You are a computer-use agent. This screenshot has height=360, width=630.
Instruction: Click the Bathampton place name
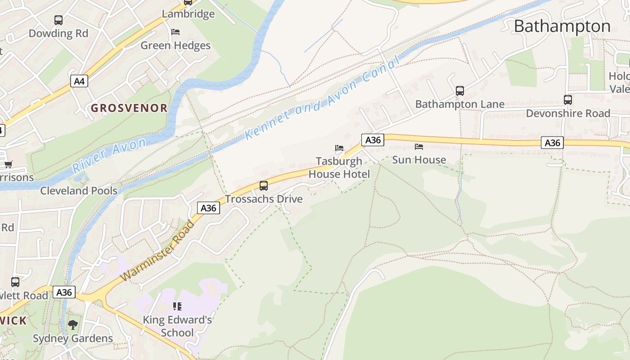(562, 26)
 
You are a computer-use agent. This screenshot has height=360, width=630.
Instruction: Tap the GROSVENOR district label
(129, 108)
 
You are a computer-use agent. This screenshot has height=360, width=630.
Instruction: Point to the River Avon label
(109, 155)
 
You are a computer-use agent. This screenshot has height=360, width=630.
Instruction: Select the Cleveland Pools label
(79, 190)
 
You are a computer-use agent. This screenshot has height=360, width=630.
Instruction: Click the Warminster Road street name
(158, 251)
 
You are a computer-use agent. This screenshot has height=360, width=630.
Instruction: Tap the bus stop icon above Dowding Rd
(58, 20)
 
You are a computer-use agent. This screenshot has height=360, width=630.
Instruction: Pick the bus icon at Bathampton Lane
(459, 91)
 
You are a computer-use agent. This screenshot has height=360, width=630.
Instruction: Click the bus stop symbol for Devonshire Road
(568, 100)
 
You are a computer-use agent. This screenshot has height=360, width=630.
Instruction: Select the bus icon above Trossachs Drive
(264, 185)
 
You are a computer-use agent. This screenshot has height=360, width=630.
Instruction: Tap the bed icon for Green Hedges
(175, 32)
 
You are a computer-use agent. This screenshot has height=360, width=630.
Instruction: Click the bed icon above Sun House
(419, 147)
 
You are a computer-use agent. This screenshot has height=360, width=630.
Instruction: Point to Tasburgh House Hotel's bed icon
(339, 148)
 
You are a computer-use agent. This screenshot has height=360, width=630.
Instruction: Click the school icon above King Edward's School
(177, 306)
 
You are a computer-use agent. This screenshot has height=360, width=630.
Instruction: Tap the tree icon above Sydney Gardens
(72, 324)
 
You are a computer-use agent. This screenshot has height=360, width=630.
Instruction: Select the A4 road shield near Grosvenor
(79, 81)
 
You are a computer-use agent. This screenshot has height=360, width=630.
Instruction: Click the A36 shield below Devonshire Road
(552, 143)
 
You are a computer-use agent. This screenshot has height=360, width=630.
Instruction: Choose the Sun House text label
(419, 160)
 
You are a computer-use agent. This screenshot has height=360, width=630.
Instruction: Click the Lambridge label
(188, 14)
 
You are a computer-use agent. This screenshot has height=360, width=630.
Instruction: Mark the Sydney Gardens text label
(73, 338)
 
